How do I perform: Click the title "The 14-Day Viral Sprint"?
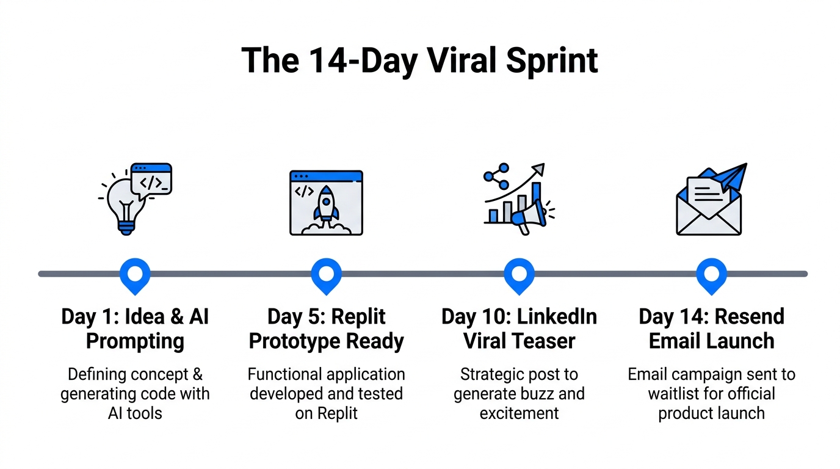click(x=419, y=60)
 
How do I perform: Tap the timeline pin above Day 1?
click(x=135, y=274)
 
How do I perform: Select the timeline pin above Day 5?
click(x=327, y=274)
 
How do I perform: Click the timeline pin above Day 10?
click(x=519, y=274)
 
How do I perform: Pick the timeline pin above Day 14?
click(x=711, y=274)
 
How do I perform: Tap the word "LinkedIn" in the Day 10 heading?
click(x=556, y=317)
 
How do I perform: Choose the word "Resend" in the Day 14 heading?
click(x=748, y=317)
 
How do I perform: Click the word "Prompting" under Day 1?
click(x=135, y=341)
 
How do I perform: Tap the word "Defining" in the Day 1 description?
click(x=95, y=374)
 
